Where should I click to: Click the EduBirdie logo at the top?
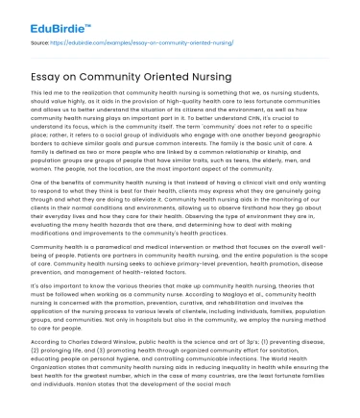tap(37, 15)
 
